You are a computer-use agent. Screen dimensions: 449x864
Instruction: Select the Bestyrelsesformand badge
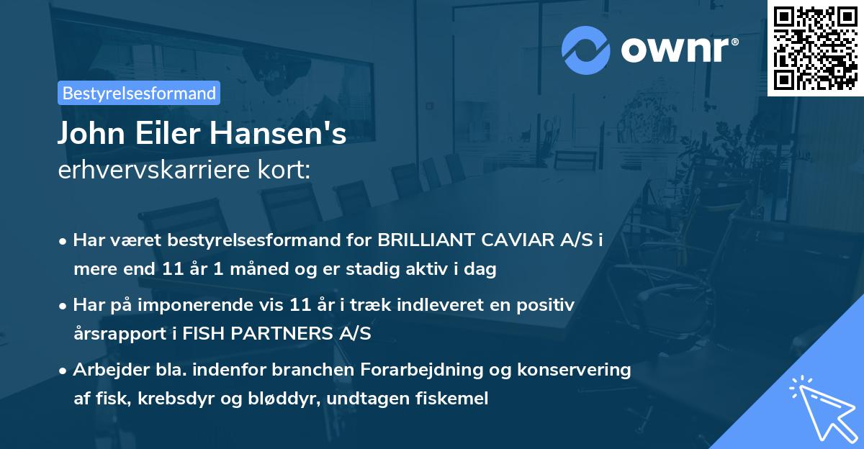[139, 93]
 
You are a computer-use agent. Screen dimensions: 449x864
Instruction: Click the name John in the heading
[89, 135]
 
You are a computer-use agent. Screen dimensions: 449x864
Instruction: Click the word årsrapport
[115, 334]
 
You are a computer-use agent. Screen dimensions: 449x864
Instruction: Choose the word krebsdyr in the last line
[160, 399]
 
